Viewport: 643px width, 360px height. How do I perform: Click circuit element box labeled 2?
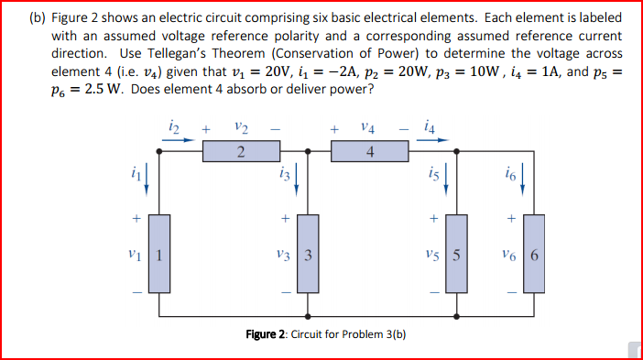(240, 152)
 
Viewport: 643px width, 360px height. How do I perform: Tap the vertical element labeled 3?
(308, 253)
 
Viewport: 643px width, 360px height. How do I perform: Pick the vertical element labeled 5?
(455, 253)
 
